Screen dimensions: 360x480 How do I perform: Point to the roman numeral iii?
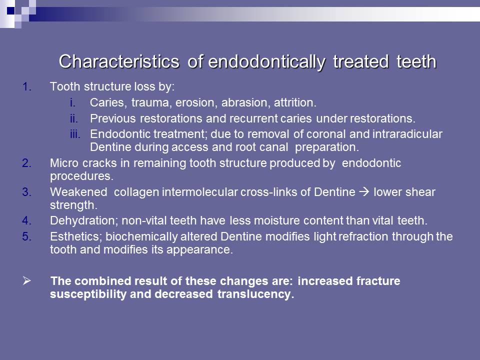pyautogui.click(x=74, y=134)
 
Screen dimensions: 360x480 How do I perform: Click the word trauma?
pyautogui.click(x=150, y=103)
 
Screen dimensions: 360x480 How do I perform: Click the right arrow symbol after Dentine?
pyautogui.click(x=364, y=192)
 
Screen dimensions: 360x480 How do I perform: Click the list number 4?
pyautogui.click(x=27, y=221)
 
